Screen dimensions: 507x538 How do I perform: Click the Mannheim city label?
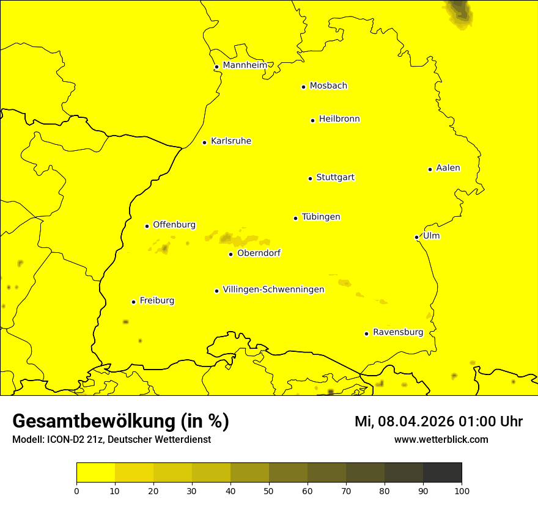click(x=245, y=65)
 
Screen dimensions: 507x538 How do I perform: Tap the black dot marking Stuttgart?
click(x=310, y=178)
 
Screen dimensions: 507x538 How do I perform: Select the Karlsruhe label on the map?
click(x=230, y=141)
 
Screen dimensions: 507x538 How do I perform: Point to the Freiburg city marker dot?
click(x=133, y=302)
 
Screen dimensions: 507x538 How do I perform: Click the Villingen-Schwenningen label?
click(x=273, y=290)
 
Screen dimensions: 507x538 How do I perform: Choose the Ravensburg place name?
click(x=397, y=332)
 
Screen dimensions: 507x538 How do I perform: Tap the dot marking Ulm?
click(x=416, y=237)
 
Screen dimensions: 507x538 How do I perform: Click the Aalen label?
click(x=448, y=168)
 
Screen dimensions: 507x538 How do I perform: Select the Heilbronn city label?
click(x=339, y=119)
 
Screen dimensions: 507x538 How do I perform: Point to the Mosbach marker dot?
click(x=303, y=87)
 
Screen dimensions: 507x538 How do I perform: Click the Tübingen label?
click(x=320, y=217)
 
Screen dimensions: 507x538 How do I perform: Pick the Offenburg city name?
click(x=174, y=225)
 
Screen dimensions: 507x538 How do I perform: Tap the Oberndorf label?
click(x=259, y=253)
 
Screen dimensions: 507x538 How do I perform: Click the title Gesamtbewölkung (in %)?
click(x=120, y=421)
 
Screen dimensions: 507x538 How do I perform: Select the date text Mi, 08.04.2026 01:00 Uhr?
click(x=438, y=421)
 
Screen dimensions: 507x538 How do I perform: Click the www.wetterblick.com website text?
click(x=441, y=439)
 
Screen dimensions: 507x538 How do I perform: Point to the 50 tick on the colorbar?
click(x=269, y=490)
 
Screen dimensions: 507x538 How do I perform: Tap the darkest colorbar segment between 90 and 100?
click(x=442, y=472)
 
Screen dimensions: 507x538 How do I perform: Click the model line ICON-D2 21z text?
click(x=111, y=439)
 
